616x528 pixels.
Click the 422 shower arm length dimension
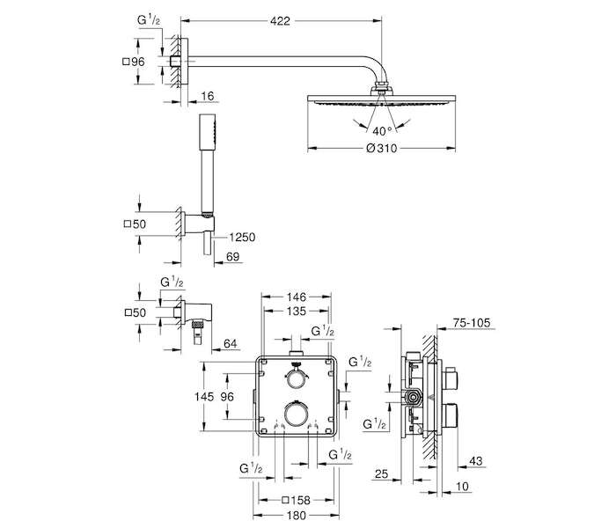[280, 21]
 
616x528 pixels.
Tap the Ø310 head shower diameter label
[381, 149]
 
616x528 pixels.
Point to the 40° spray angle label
[382, 130]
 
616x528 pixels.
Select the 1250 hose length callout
[242, 238]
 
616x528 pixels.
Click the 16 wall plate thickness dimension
[207, 96]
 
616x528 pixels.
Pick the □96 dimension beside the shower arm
[134, 62]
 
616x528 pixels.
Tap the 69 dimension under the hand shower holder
[232, 257]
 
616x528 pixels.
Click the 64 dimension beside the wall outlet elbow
[231, 344]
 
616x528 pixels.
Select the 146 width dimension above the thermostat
[296, 297]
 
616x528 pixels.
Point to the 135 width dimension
[296, 312]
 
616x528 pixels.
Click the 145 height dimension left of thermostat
[204, 397]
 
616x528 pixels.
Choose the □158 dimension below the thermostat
[297, 501]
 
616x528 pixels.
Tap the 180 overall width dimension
[297, 516]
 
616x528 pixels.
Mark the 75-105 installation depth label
[472, 323]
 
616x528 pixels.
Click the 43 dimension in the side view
[475, 461]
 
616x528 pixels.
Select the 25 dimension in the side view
[381, 473]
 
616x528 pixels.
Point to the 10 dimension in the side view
[462, 487]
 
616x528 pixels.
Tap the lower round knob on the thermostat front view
[296, 414]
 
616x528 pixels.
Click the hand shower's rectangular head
[207, 132]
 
